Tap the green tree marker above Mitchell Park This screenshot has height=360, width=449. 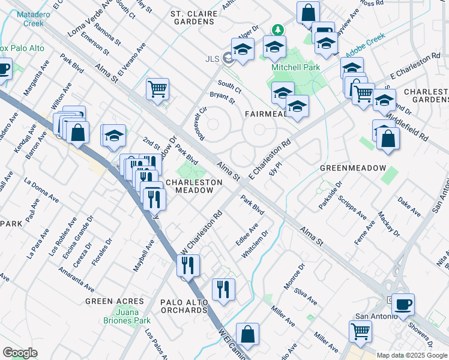pyautogui.click(x=277, y=29)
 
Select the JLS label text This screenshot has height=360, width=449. pyautogui.click(x=212, y=58)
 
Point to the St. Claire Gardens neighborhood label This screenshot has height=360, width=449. pyautogui.click(x=192, y=17)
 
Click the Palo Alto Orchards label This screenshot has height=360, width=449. pyautogui.click(x=184, y=305)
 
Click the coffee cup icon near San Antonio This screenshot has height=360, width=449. pyautogui.click(x=402, y=304)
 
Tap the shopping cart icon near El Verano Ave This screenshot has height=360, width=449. pyautogui.click(x=157, y=89)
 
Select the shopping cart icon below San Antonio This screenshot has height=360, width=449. pyautogui.click(x=360, y=330)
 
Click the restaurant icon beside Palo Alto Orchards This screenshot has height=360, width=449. pyautogui.click(x=223, y=289)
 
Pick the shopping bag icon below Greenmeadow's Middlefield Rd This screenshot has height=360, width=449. pyautogui.click(x=388, y=139)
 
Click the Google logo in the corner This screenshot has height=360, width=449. pyautogui.click(x=20, y=353)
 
